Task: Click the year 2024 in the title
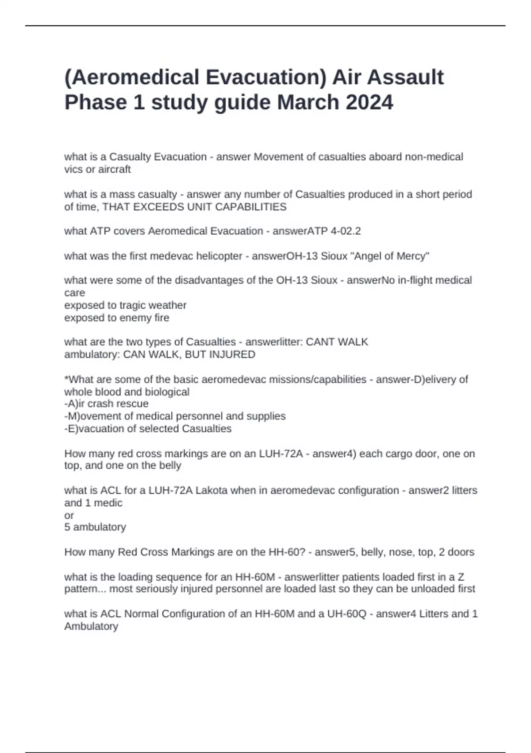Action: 369,102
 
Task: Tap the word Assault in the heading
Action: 405,77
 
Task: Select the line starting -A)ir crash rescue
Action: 106,404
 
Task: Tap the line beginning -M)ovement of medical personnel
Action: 175,416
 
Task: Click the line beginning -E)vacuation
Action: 148,428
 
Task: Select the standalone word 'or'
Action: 69,515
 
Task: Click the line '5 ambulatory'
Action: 95,527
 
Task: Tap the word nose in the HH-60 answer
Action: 399,552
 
